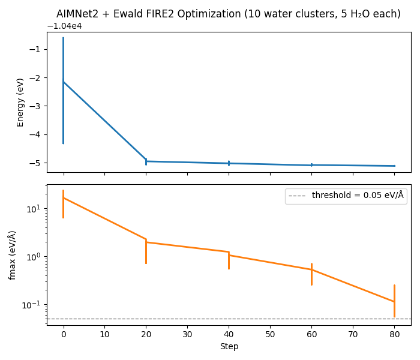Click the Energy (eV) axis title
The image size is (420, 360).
20,102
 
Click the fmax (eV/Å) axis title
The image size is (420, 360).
13,255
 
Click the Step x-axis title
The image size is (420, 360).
229,346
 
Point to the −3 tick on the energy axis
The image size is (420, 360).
37,106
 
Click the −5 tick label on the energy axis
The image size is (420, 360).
37,163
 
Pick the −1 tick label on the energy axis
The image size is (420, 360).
37,49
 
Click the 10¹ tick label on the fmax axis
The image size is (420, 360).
34,209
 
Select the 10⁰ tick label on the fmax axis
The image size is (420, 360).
34,257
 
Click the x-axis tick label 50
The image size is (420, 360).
270,334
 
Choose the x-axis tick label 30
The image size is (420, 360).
187,334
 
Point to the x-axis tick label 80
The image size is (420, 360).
394,334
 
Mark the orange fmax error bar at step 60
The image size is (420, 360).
311,274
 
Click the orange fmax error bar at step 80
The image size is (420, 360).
394,300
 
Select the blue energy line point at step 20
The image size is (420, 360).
146,161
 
